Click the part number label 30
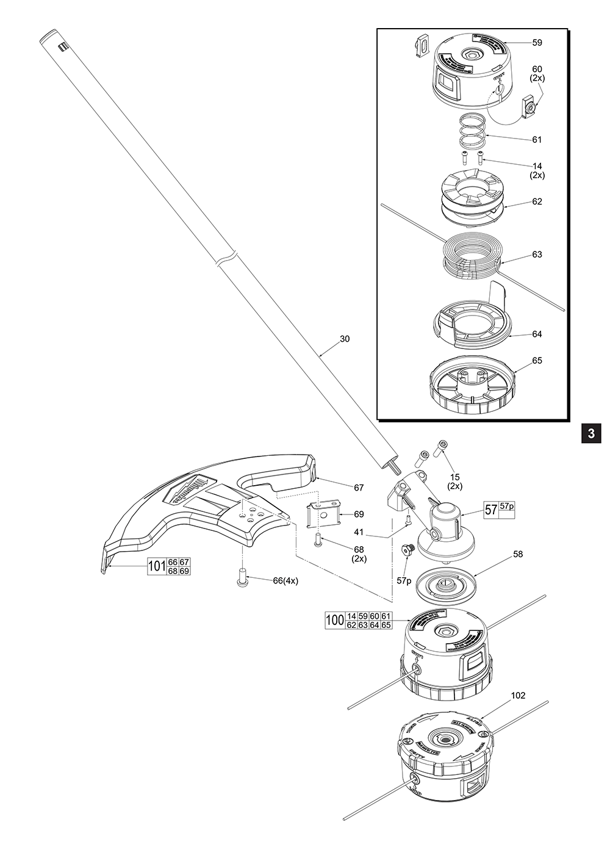pyautogui.click(x=345, y=339)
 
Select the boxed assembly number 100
pyautogui.click(x=335, y=621)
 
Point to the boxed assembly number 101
pyautogui.click(x=157, y=567)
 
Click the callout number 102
pyautogui.click(x=518, y=695)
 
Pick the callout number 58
pyautogui.click(x=518, y=555)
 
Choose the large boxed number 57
pyautogui.click(x=491, y=510)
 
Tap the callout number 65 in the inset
pyautogui.click(x=537, y=361)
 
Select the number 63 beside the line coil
pyautogui.click(x=537, y=254)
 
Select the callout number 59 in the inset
pyautogui.click(x=537, y=43)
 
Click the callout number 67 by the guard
pyautogui.click(x=359, y=488)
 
